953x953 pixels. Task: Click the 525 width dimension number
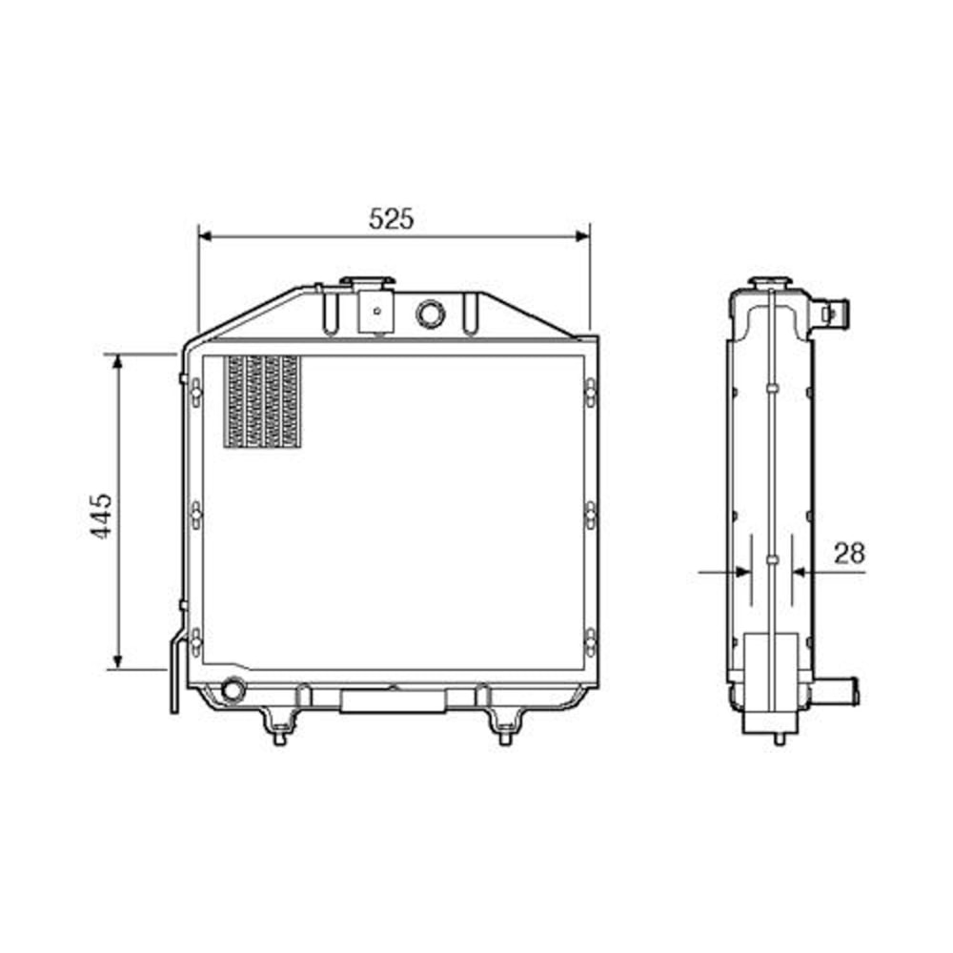(392, 218)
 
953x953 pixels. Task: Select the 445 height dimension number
(103, 515)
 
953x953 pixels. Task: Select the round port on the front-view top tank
(430, 312)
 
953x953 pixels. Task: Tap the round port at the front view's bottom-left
(231, 688)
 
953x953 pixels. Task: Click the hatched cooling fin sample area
(261, 401)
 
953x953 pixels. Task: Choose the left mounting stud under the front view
(279, 731)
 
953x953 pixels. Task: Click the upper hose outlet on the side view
(836, 312)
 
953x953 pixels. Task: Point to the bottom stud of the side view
(779, 736)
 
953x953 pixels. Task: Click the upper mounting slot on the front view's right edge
(590, 391)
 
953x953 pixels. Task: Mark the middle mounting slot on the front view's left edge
(194, 515)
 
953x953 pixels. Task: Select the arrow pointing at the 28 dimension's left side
(740, 572)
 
